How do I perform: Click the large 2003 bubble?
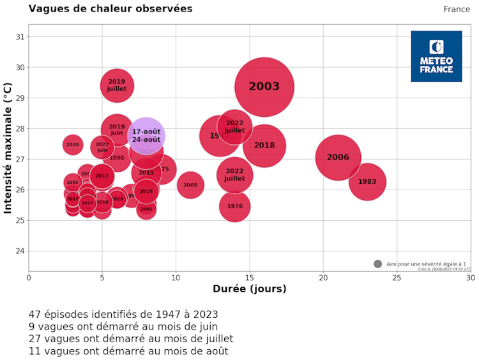pyautogui.click(x=264, y=87)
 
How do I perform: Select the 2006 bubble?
pyautogui.click(x=338, y=158)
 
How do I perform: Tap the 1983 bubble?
pyautogui.click(x=367, y=182)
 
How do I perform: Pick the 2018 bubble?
pyautogui.click(x=264, y=146)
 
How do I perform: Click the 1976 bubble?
pyautogui.click(x=234, y=206)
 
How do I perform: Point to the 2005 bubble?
pyautogui.click(x=190, y=185)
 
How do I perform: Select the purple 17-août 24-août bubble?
pyautogui.click(x=146, y=135)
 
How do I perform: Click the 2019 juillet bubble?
pyautogui.click(x=117, y=85)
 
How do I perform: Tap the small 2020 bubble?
pyautogui.click(x=73, y=145)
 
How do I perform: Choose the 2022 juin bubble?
pyautogui.click(x=102, y=147)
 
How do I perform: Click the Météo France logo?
pyautogui.click(x=436, y=56)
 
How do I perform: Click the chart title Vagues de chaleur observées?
pyautogui.click(x=110, y=9)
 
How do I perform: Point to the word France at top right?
pyautogui.click(x=457, y=9)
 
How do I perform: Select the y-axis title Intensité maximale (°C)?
pyautogui.click(x=8, y=147)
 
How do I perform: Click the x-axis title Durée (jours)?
pyautogui.click(x=249, y=289)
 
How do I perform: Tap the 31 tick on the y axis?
pyautogui.click(x=19, y=36)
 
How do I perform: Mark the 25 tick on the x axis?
pyautogui.click(x=397, y=278)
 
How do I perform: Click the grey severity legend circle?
pyautogui.click(x=377, y=264)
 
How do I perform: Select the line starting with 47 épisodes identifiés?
pyautogui.click(x=123, y=314)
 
